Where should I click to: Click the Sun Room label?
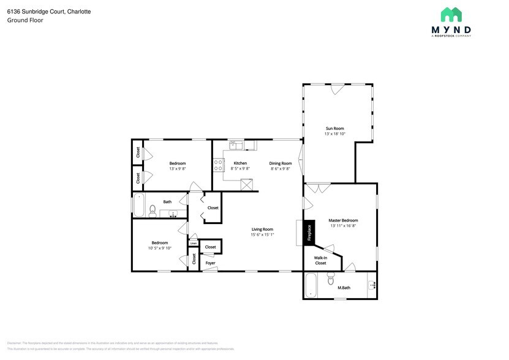coord(334,129)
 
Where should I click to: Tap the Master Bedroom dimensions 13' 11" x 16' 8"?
coord(342,225)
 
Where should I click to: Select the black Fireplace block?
coord(309,233)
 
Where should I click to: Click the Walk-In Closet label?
coord(320,260)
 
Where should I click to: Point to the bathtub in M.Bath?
coord(312,285)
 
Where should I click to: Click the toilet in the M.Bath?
coord(331,279)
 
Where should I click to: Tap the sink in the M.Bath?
coord(371,285)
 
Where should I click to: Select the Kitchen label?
coord(240,163)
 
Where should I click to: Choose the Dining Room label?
coord(280,163)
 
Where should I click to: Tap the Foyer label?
coord(210,263)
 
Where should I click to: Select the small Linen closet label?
coord(193,243)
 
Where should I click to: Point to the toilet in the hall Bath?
coord(153,212)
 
